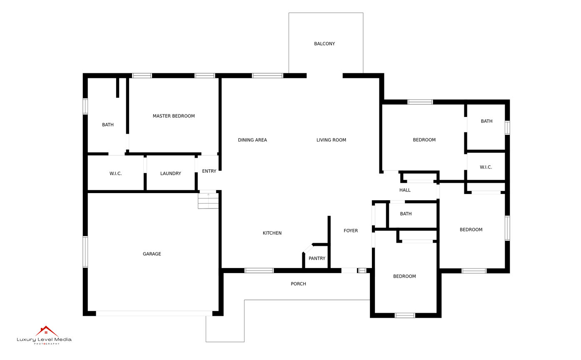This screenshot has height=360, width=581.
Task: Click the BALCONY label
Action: pos(324,44)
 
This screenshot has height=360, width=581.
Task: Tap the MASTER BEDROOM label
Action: pos(174,116)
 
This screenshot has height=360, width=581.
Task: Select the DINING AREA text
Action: pos(252,140)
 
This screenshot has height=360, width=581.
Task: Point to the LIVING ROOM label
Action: pos(331,140)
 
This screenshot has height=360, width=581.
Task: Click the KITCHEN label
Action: pos(272,233)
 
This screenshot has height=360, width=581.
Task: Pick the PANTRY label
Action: pos(317,258)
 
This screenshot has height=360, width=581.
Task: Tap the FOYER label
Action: pos(351,231)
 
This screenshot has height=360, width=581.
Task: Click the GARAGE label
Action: pos(152,254)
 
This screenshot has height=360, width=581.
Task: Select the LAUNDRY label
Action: pos(170,174)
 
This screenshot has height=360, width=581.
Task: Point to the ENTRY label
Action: pos(209,171)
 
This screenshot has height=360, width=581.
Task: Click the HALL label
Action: pos(405,190)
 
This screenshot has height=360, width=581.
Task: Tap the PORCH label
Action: pos(298,284)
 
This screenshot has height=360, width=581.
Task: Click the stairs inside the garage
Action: pos(208,201)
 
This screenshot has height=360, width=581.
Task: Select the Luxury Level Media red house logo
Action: pos(46,331)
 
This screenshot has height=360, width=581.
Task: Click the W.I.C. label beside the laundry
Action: pos(115,174)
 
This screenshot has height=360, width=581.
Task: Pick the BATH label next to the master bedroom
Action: pos(107,125)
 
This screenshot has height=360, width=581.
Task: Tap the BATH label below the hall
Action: pos(406,214)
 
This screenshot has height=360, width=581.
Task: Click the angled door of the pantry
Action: pos(308,248)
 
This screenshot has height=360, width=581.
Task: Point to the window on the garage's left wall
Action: pos(85,251)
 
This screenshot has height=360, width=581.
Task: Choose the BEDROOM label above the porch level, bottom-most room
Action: pos(404,276)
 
